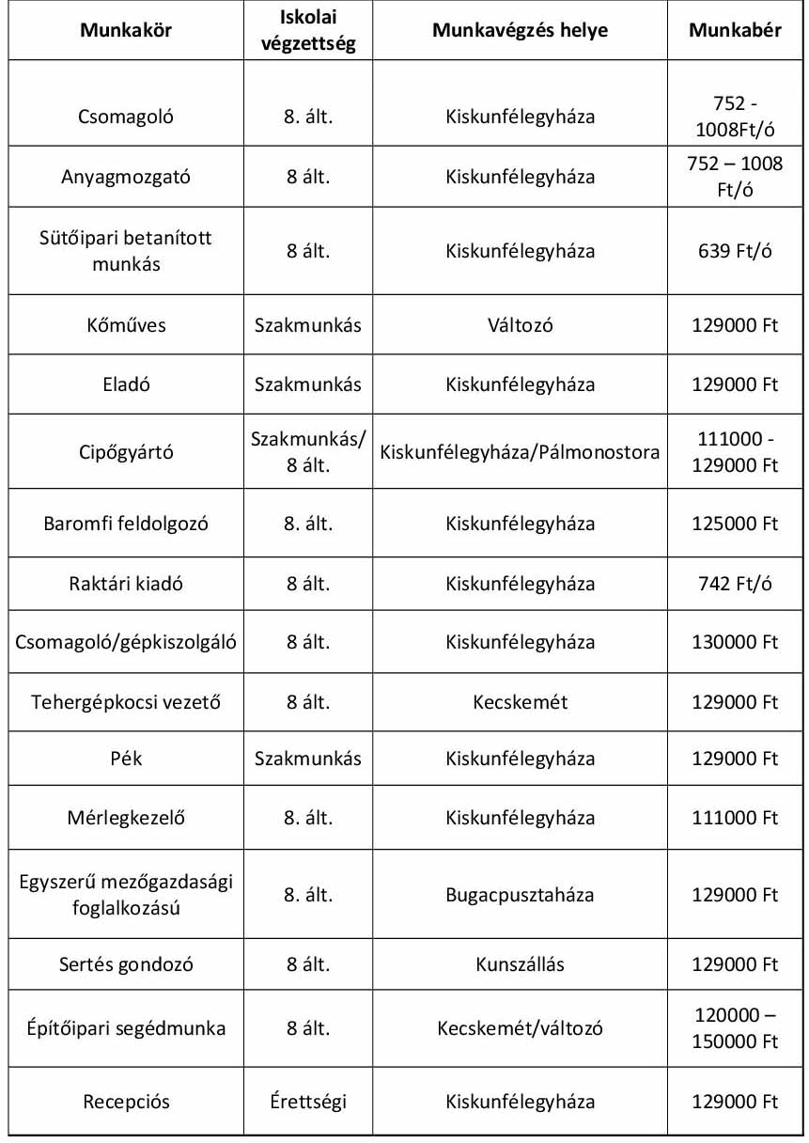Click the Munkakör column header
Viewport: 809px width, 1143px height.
pos(126,31)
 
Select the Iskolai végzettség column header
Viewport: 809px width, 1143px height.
pos(308,31)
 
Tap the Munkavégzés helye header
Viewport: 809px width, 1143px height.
pos(520,31)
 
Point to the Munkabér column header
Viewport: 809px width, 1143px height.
pos(735,31)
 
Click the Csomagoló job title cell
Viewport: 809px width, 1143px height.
pos(126,117)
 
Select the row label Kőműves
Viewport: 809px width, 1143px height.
pos(126,325)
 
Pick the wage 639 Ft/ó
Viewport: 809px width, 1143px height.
pos(735,252)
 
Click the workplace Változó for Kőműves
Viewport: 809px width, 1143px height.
pos(520,325)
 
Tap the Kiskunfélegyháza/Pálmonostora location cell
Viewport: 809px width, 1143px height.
pos(520,452)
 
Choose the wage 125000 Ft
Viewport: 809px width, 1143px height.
pos(735,523)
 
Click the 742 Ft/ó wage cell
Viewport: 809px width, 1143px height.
pos(735,584)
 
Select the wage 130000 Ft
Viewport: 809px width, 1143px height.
pos(735,643)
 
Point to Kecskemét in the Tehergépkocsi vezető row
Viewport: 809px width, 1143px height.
pos(520,702)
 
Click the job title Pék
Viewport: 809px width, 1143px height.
pos(126,759)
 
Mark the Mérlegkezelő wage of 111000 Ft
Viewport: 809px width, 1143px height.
pos(735,818)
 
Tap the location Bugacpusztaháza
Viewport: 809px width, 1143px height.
pos(520,895)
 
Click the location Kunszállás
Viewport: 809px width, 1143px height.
pos(520,964)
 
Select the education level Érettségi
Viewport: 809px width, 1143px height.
pos(308,1102)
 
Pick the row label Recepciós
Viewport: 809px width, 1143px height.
pos(126,1102)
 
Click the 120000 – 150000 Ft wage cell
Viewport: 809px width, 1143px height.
pos(735,1028)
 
